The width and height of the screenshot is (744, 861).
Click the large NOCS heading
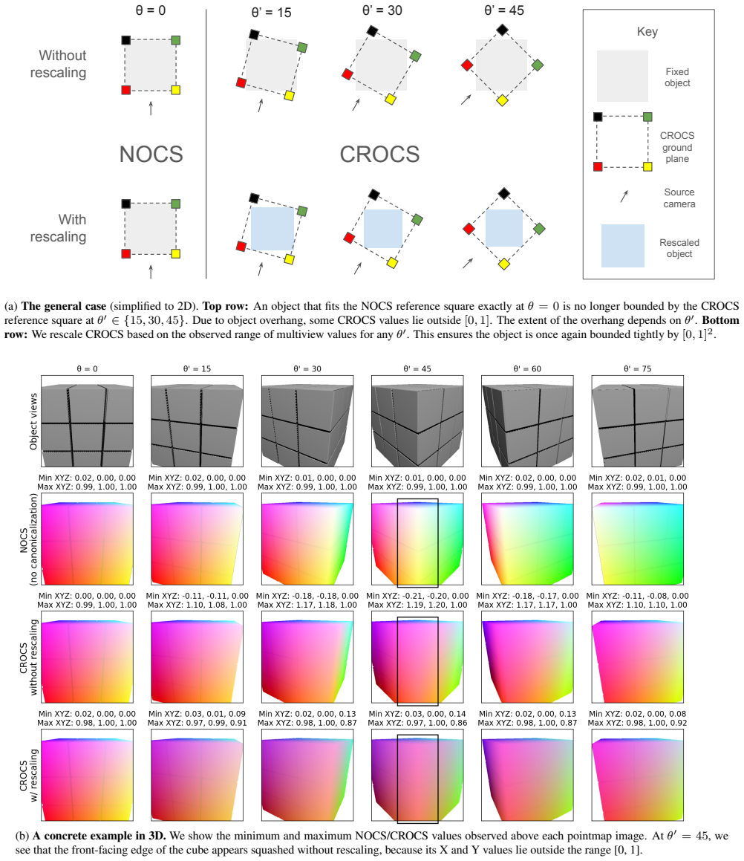tap(151, 155)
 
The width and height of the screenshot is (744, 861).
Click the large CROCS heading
tap(379, 155)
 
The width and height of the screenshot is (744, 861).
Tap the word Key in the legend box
tap(647, 32)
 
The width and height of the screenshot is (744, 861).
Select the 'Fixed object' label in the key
tap(677, 77)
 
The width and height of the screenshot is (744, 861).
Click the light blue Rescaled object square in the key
tap(623, 245)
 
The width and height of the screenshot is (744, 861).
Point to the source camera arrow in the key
tap(624, 196)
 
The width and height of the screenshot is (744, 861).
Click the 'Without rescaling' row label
tap(58, 64)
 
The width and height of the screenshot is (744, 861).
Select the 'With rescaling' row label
tap(58, 228)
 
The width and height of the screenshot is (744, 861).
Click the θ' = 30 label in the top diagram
tap(382, 10)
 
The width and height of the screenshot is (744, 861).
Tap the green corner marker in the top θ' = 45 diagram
tap(538, 65)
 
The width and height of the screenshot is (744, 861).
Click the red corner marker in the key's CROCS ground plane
tap(598, 166)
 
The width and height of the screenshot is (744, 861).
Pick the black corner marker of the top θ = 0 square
tap(126, 40)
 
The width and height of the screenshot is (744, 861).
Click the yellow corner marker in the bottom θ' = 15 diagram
tap(289, 259)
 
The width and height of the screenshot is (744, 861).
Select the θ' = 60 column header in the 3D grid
tap(527, 368)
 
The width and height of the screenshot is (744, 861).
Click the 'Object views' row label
tap(33, 421)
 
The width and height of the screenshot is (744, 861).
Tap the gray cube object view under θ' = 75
tap(638, 421)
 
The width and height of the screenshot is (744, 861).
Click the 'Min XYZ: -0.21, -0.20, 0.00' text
tap(417, 596)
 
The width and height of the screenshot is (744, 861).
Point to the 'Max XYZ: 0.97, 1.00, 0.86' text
tap(417, 723)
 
